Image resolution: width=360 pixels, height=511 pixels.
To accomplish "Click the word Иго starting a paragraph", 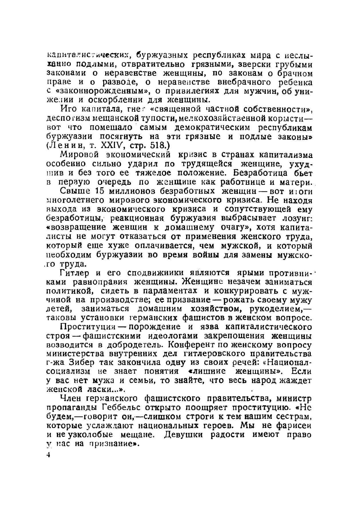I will click(68, 109).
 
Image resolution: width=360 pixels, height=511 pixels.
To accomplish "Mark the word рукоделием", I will click(275, 309).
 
